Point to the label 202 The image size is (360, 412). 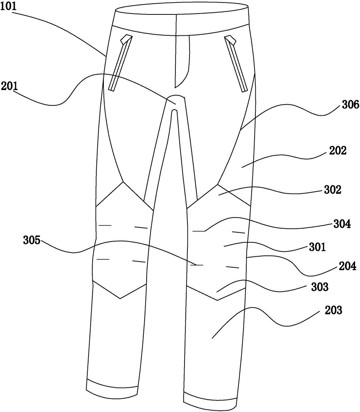(x=339, y=151)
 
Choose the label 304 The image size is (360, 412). (x=342, y=225)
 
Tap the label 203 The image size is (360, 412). (x=333, y=310)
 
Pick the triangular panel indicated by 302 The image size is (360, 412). (x=219, y=194)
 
